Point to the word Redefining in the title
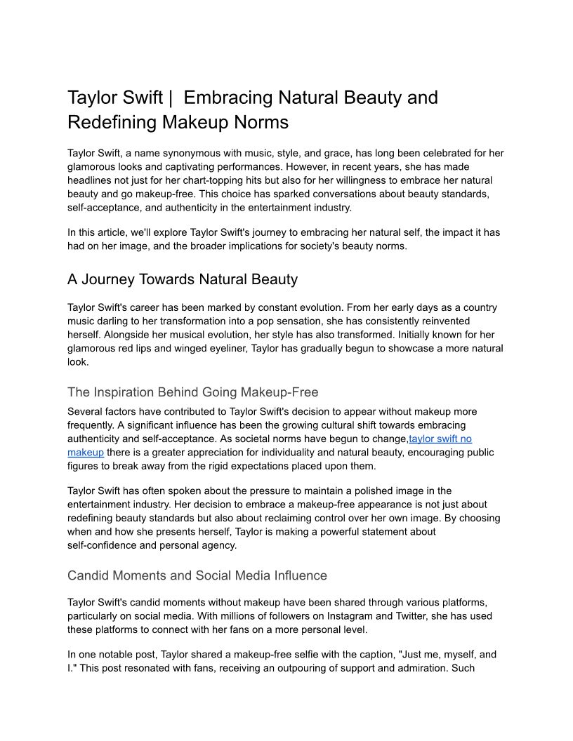pos(112,122)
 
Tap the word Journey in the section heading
pos(112,279)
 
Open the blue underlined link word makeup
pos(85,453)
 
